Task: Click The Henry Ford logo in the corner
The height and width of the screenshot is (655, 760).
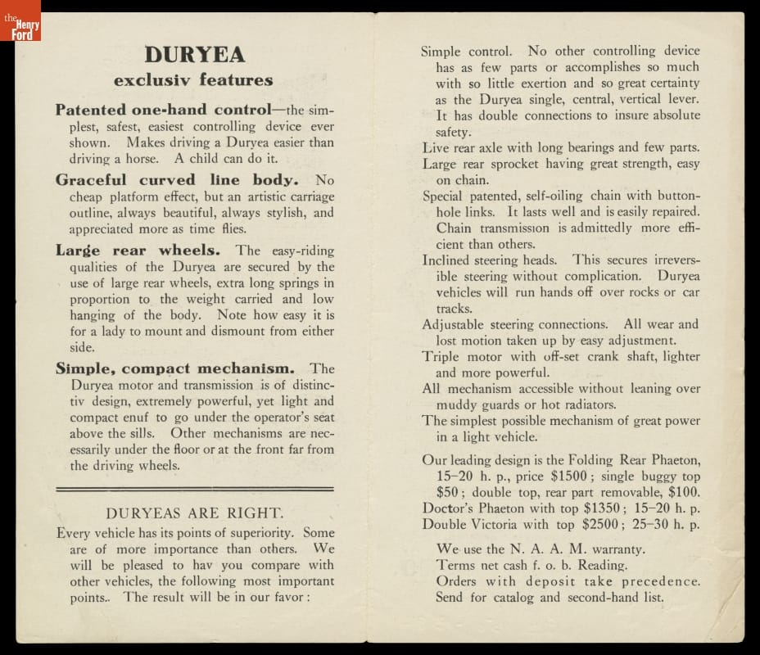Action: (20, 20)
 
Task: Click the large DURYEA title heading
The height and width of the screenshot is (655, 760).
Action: (194, 55)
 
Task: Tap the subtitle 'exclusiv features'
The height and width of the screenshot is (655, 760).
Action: (193, 80)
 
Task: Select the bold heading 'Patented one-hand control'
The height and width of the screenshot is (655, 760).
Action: (163, 110)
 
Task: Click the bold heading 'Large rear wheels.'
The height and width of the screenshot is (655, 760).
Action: (142, 251)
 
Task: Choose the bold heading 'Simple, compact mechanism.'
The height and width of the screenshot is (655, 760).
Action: (181, 368)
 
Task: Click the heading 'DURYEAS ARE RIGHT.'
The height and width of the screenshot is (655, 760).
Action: (195, 514)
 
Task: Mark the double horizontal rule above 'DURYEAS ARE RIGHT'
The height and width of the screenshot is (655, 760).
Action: (194, 489)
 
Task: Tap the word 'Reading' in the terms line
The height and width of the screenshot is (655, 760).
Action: (601, 565)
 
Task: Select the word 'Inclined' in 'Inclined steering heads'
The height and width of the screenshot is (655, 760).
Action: (446, 260)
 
